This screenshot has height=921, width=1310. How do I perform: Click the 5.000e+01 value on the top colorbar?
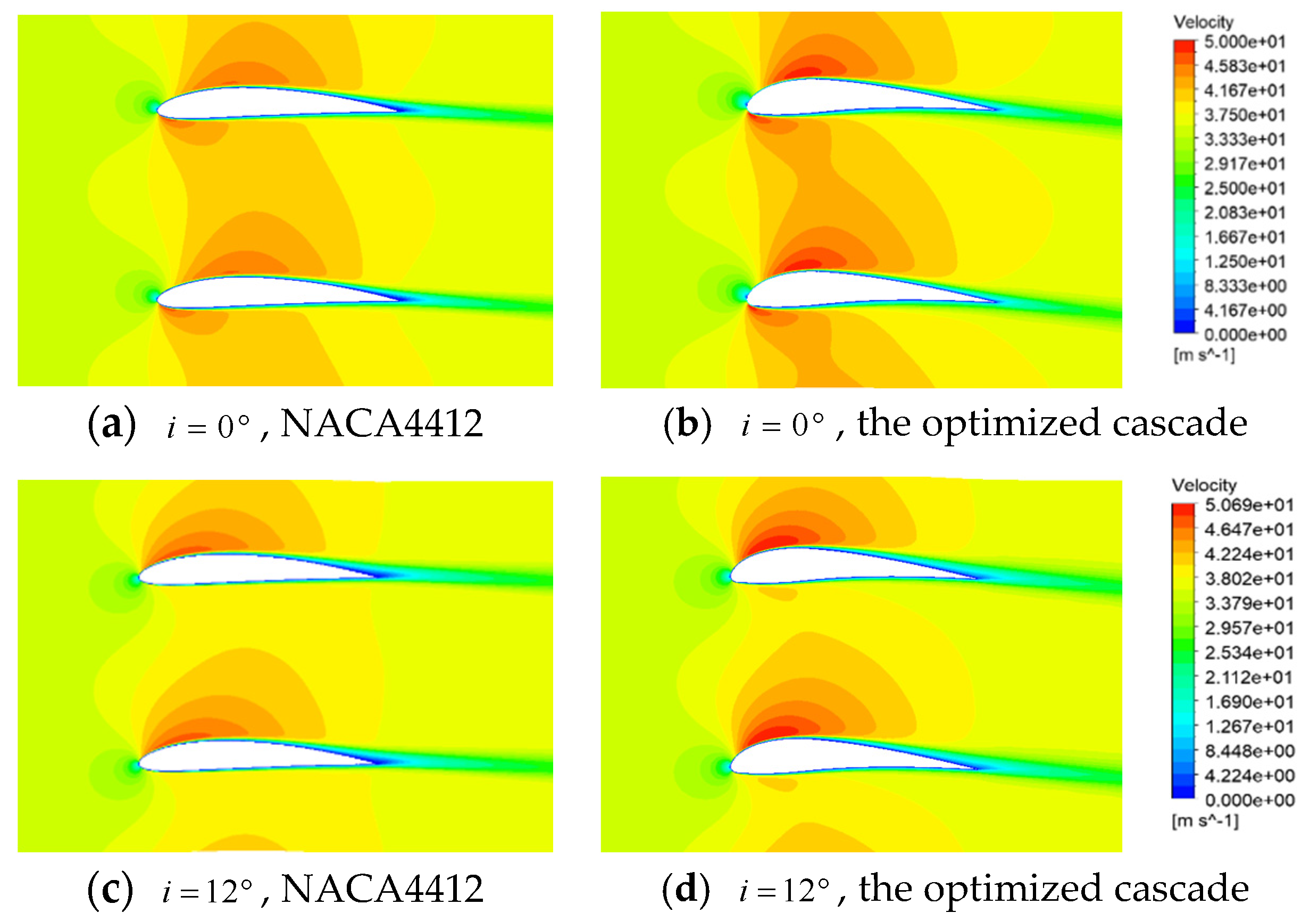tap(1245, 42)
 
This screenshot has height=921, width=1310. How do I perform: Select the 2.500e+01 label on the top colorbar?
tap(1245, 189)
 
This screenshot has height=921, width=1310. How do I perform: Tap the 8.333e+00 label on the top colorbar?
tap(1245, 286)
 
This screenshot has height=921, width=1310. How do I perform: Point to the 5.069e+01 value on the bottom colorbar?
tap(1248, 505)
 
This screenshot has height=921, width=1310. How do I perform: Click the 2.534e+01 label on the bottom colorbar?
tap(1248, 653)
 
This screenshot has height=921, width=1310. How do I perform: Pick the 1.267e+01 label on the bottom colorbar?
tap(1248, 727)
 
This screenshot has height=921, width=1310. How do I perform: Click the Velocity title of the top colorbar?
tap(1203, 22)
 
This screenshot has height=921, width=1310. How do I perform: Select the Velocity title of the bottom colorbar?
tap(1204, 486)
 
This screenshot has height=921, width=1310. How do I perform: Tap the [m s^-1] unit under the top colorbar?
tap(1204, 355)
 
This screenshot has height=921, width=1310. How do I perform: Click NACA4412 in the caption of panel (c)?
tap(382, 889)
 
